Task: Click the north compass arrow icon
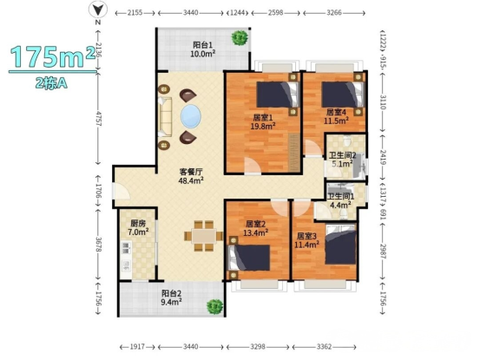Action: click(x=98, y=10)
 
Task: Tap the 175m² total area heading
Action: click(x=52, y=56)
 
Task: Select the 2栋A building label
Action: click(x=51, y=82)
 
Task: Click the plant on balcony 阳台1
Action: click(x=240, y=37)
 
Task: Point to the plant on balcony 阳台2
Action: click(x=215, y=306)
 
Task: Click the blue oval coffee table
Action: click(x=191, y=116)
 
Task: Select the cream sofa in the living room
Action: click(x=165, y=117)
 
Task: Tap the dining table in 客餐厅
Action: click(x=204, y=236)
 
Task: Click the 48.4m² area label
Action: click(x=191, y=180)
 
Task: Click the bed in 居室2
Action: click(x=249, y=258)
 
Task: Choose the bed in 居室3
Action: click(x=341, y=244)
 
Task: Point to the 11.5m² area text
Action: click(x=336, y=121)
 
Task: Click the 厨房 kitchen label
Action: click(x=138, y=223)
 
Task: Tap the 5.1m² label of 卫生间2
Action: click(x=342, y=164)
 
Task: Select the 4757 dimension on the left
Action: click(x=98, y=119)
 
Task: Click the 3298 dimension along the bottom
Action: click(x=258, y=347)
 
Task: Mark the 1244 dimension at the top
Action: click(x=237, y=13)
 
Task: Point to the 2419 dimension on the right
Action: click(x=383, y=157)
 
